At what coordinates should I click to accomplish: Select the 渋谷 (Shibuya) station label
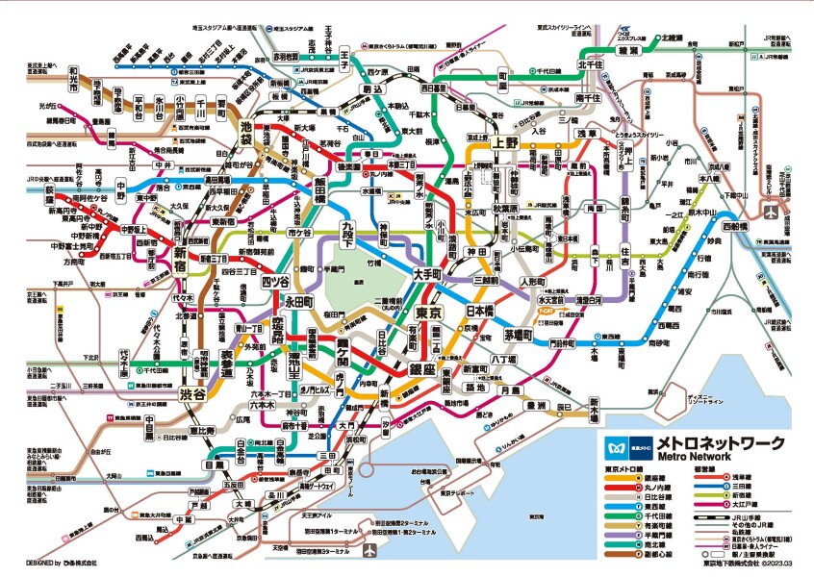193,394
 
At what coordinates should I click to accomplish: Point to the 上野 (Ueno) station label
505,141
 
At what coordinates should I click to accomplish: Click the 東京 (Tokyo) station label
427,314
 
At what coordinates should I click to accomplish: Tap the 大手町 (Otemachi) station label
425,274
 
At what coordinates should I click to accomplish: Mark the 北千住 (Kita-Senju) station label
589,64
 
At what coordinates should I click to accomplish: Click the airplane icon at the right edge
771,210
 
